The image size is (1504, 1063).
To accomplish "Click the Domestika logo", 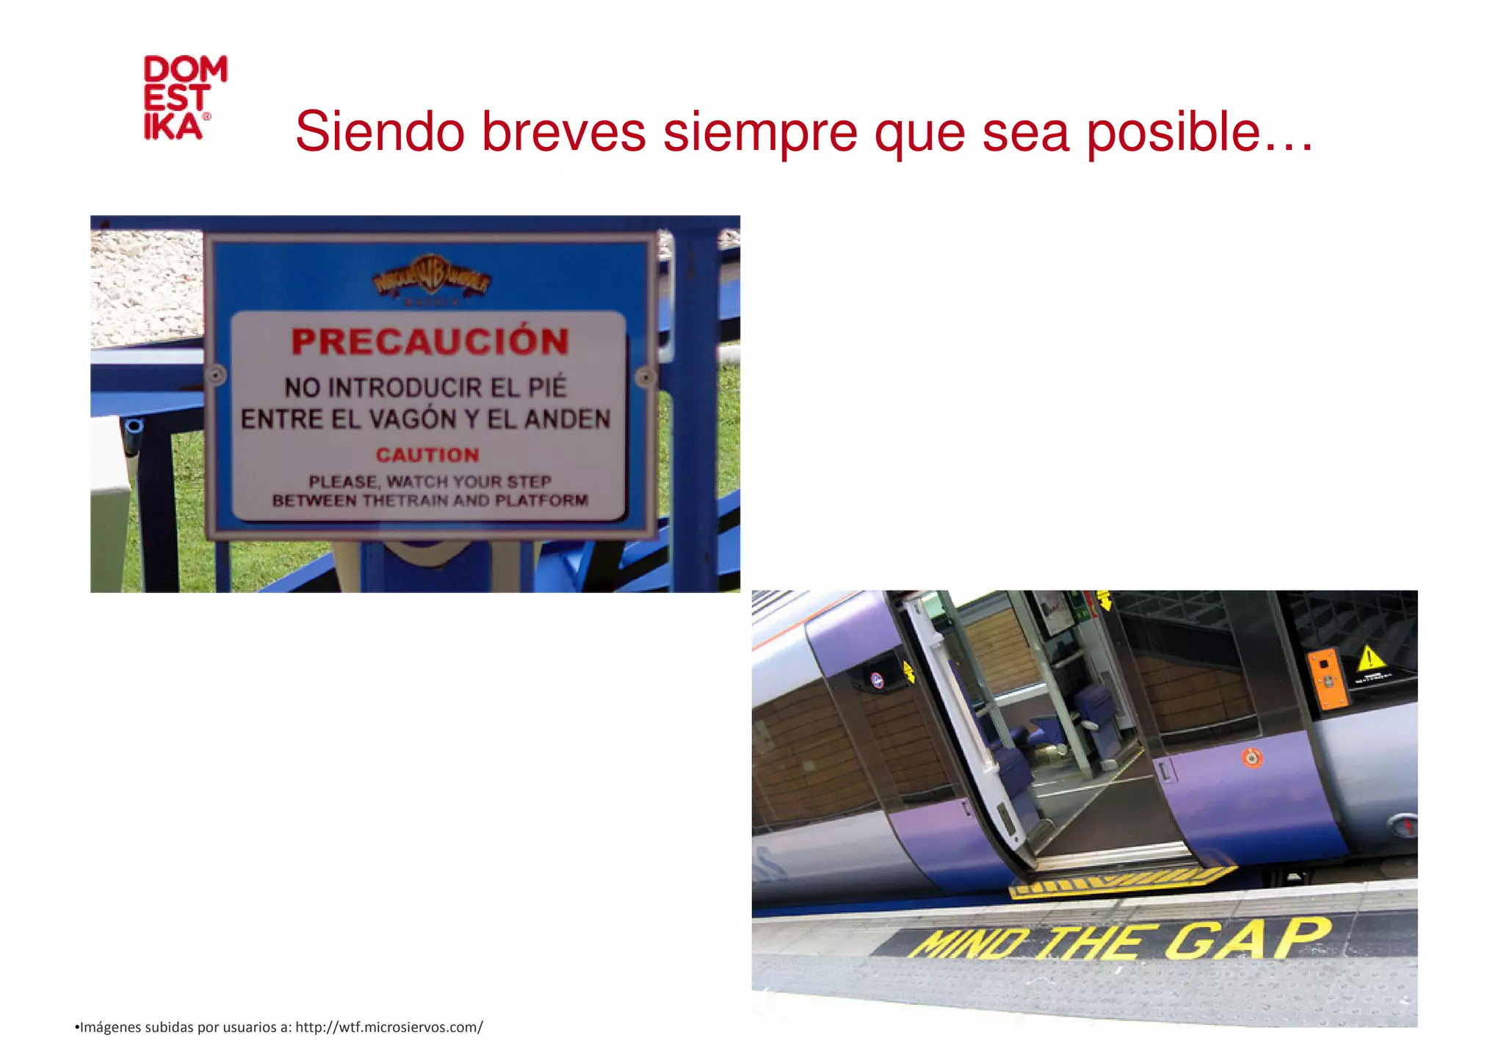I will coord(185,98).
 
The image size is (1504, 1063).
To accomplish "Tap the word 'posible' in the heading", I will coord(1174,132).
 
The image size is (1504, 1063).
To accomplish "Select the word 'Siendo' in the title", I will coord(380,132).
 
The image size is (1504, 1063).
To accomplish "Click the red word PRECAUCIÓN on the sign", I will coord(430,342).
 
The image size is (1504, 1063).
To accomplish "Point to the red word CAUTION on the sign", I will coord(427,455).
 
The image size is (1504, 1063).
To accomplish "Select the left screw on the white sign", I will coord(216,375).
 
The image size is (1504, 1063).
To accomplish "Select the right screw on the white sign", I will coord(645,378).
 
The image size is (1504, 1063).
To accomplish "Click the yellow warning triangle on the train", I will coord(1370,658).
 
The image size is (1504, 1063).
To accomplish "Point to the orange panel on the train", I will coord(1326,679).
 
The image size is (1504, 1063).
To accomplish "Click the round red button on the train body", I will coord(1252,757).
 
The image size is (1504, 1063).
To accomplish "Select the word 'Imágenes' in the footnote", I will coord(110,1027).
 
